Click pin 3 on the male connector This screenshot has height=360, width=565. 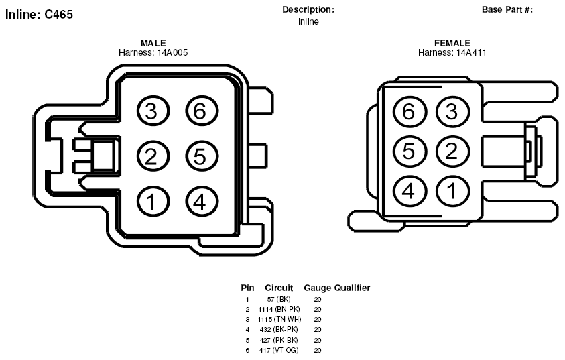153,111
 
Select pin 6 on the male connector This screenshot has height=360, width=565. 202,111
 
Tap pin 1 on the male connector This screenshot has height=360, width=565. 153,201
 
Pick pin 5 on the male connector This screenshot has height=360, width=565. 202,156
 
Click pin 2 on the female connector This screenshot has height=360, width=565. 452,151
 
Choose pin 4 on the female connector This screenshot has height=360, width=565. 409,191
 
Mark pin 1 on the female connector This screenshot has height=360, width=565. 452,191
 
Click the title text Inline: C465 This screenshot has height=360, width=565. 39,15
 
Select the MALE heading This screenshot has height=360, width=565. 153,43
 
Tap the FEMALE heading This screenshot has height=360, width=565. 452,43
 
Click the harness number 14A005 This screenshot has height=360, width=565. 172,52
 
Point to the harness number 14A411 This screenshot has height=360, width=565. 471,52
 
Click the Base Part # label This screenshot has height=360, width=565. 507,10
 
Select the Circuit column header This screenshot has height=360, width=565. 279,288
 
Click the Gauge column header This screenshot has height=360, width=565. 318,288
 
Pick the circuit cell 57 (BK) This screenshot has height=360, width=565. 279,299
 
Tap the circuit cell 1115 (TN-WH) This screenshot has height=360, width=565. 279,319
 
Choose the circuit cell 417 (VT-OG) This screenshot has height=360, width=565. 279,350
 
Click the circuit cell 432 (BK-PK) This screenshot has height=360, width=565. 279,329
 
